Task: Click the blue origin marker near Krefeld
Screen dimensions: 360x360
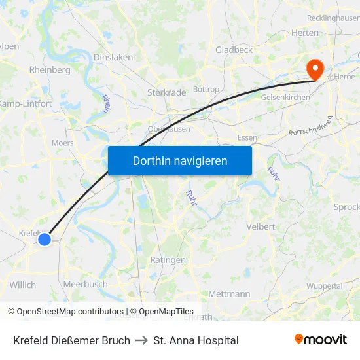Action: pyautogui.click(x=45, y=240)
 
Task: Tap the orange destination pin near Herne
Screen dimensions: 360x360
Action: pyautogui.click(x=315, y=69)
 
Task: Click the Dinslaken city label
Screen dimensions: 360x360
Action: pyautogui.click(x=113, y=57)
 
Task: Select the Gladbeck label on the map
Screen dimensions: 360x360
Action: pyautogui.click(x=234, y=50)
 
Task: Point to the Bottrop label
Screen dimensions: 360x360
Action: pyautogui.click(x=206, y=89)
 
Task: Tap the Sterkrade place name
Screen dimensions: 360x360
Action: pyautogui.click(x=167, y=92)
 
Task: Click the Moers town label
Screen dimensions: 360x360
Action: pyautogui.click(x=63, y=142)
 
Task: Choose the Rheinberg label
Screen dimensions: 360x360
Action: pyautogui.click(x=50, y=70)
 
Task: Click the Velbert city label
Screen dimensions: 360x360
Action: pyautogui.click(x=261, y=226)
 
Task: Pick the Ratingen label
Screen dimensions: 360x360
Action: pyautogui.click(x=168, y=260)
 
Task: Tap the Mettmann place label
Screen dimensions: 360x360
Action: pyautogui.click(x=229, y=294)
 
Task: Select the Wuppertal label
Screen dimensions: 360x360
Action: pyautogui.click(x=325, y=286)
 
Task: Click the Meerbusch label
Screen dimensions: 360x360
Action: pyautogui.click(x=85, y=285)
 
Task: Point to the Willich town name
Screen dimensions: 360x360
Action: pyautogui.click(x=23, y=285)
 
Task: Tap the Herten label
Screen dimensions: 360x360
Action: pyautogui.click(x=305, y=33)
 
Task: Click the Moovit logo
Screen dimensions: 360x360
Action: pyautogui.click(x=321, y=340)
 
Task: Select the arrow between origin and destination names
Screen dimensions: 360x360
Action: pyautogui.click(x=141, y=340)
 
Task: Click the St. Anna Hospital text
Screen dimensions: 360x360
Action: pyautogui.click(x=196, y=340)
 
